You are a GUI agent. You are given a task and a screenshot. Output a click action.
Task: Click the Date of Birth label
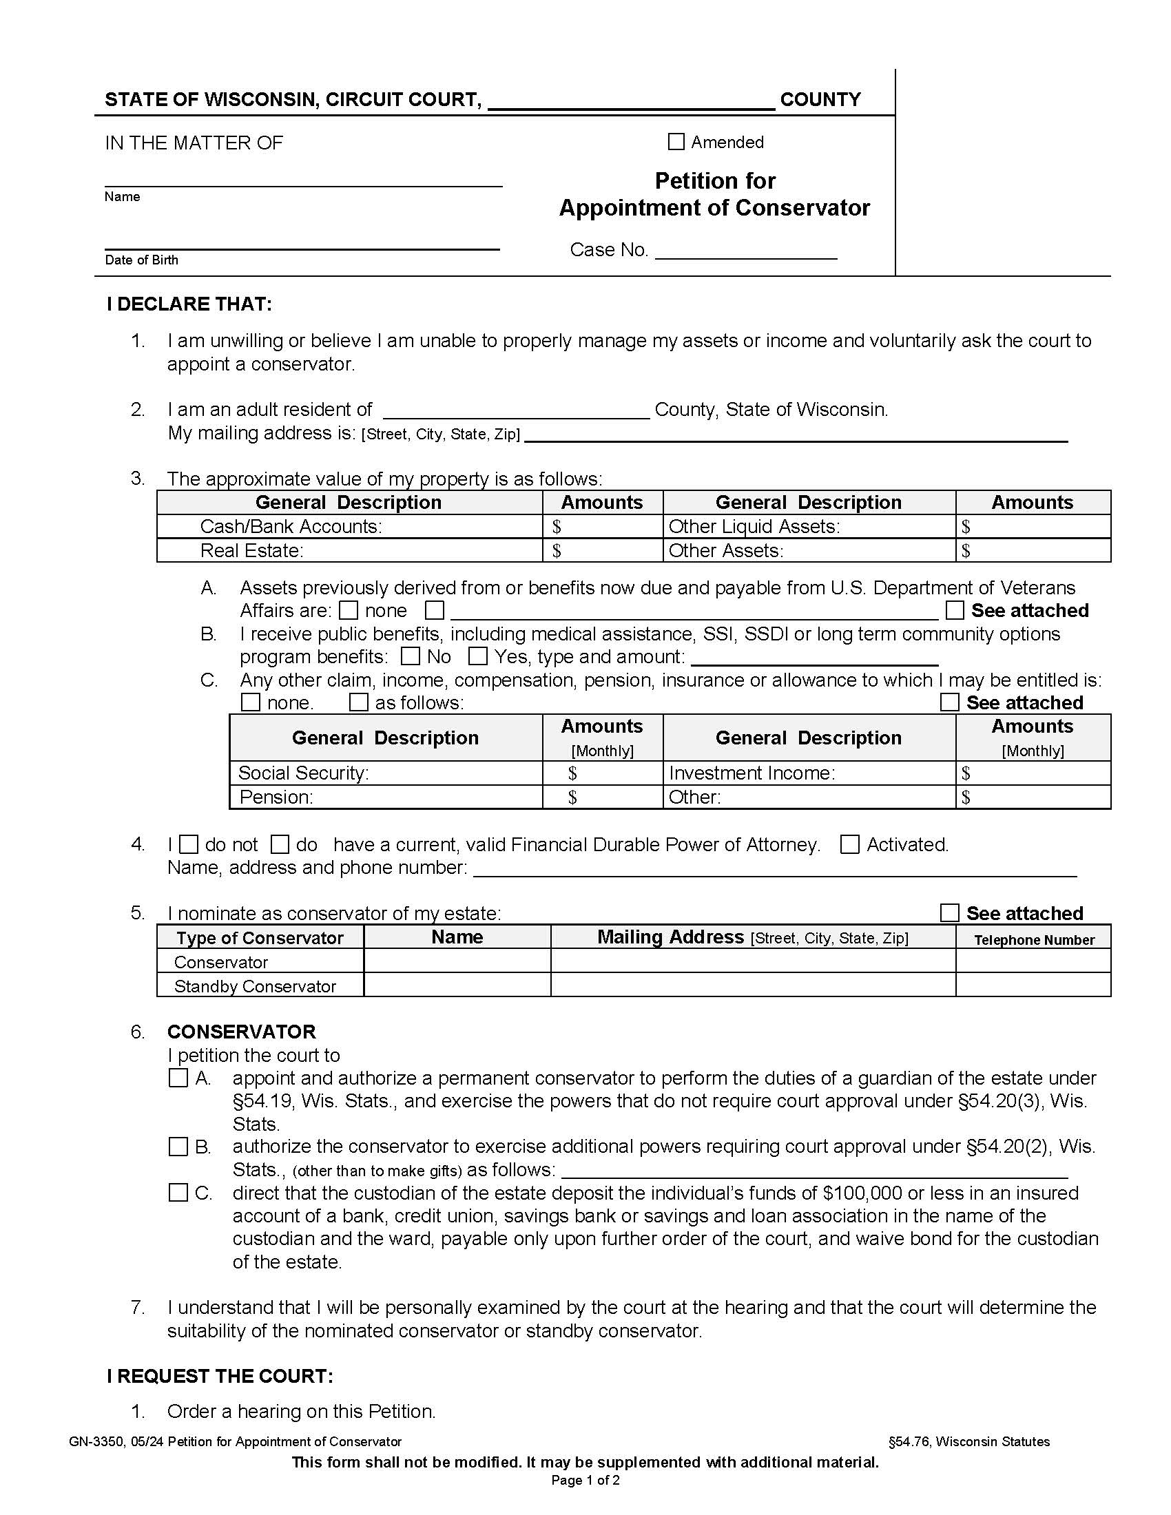click(141, 260)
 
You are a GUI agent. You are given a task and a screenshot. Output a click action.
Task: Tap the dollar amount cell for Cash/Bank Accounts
click(602, 527)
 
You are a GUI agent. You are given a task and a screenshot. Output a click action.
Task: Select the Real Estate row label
click(252, 551)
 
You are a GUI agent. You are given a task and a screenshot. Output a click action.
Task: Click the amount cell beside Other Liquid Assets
click(1033, 527)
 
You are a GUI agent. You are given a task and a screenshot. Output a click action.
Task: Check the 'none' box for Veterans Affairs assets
click(349, 610)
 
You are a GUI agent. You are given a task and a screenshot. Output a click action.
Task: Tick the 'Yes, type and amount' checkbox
click(477, 656)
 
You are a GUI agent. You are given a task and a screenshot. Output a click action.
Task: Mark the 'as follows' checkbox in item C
click(359, 702)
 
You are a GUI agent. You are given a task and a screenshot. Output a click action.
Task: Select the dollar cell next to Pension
click(602, 797)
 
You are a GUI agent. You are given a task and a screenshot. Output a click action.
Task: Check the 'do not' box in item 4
click(189, 845)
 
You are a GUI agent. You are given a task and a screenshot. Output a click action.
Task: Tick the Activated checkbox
click(850, 845)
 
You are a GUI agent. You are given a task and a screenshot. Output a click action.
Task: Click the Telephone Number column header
click(1034, 940)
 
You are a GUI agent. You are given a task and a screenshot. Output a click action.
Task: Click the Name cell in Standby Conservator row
click(457, 985)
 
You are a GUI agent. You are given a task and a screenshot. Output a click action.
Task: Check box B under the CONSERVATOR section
click(178, 1147)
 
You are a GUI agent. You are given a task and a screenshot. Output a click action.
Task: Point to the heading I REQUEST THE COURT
click(220, 1377)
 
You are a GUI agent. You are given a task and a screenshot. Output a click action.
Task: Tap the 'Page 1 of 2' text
click(585, 1481)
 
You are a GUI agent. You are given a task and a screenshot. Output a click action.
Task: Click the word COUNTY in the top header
click(820, 100)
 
